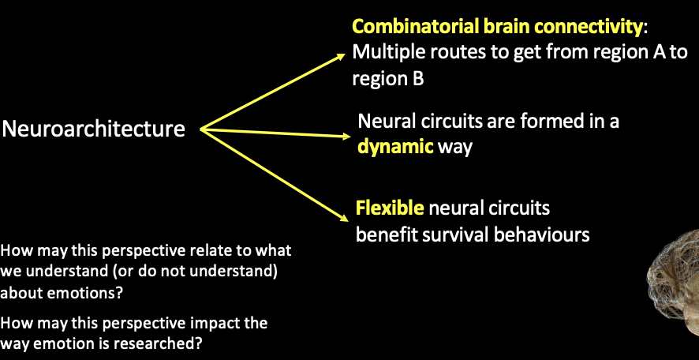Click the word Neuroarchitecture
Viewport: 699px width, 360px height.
94,129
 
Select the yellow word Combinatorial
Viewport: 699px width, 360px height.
406,26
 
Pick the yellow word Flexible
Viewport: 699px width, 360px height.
391,209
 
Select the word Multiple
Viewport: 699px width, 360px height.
383,53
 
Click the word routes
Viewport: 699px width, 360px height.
445,53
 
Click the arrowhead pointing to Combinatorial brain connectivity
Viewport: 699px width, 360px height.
341,56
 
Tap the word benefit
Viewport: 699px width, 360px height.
385,234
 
